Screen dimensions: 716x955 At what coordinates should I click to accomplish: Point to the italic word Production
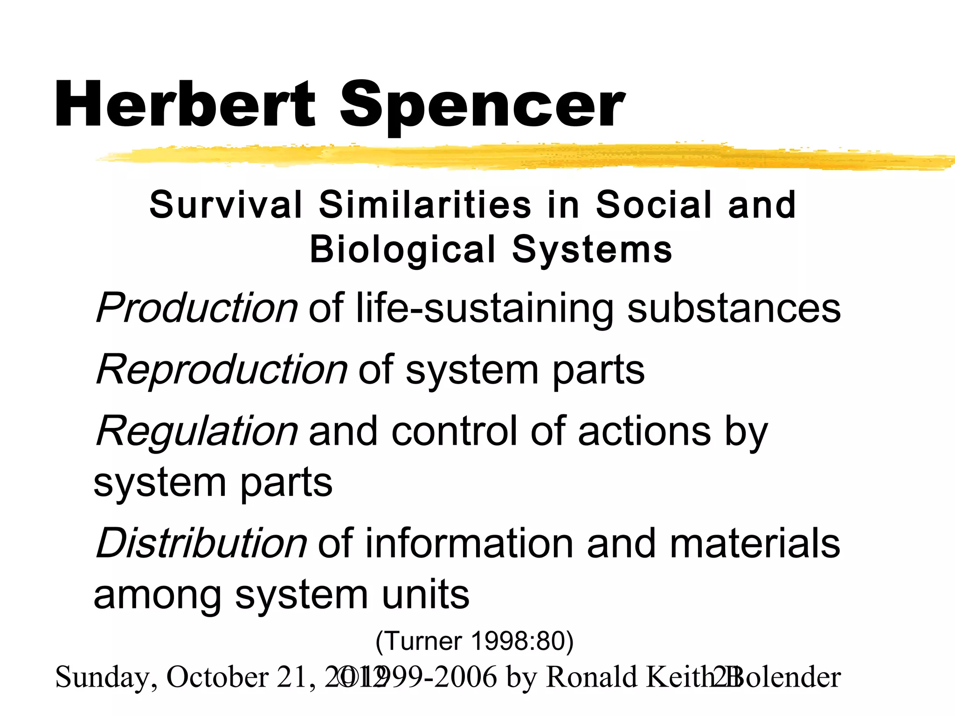click(x=196, y=309)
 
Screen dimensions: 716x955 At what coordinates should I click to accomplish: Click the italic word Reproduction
click(x=221, y=370)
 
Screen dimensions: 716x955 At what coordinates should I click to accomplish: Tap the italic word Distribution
click(x=201, y=544)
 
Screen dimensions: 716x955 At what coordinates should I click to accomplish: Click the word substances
click(x=734, y=309)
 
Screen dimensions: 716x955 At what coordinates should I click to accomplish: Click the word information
click(x=469, y=544)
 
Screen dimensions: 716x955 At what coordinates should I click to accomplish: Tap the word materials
click(x=755, y=544)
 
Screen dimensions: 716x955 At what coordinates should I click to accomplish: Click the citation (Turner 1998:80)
click(x=474, y=641)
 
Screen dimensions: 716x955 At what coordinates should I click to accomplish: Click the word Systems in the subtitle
click(x=592, y=249)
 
